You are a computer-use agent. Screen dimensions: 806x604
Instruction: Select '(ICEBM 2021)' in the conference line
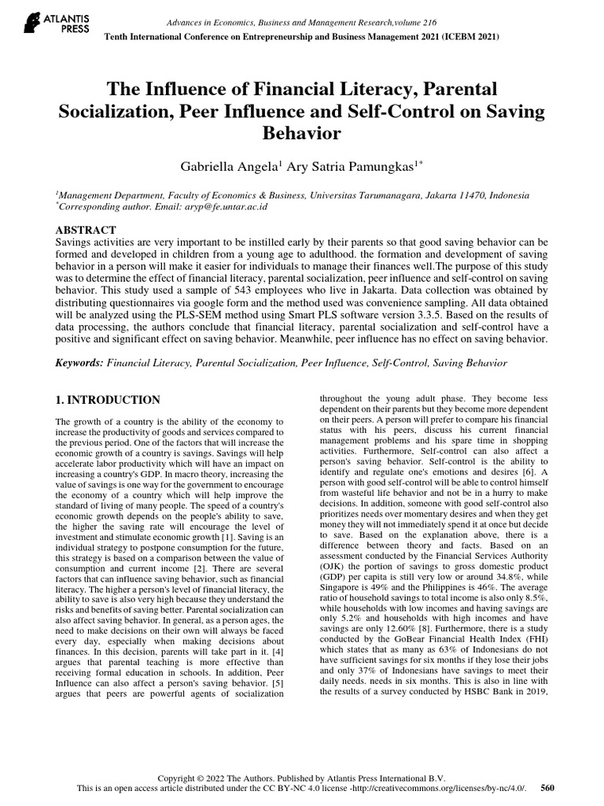(469, 36)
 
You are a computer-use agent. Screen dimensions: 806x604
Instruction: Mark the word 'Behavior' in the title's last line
(302, 133)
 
